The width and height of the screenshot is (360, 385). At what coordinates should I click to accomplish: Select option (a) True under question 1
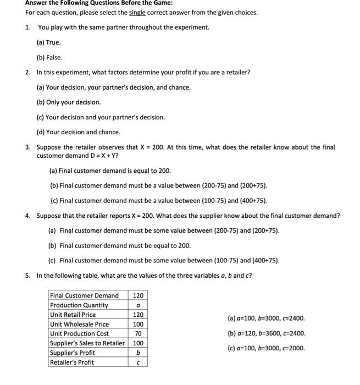pyautogui.click(x=48, y=42)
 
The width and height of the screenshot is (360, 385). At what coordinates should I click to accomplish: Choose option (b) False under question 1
pyautogui.click(x=49, y=57)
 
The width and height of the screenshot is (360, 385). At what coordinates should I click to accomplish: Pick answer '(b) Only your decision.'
pyautogui.click(x=69, y=102)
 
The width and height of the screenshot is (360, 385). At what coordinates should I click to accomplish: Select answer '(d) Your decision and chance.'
pyautogui.click(x=78, y=132)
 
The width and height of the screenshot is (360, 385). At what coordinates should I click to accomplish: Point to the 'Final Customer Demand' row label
pyautogui.click(x=84, y=295)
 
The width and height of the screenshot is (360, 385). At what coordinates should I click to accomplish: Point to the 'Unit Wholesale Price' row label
pyautogui.click(x=79, y=324)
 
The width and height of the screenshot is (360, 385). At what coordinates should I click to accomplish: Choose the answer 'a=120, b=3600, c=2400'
pyautogui.click(x=266, y=333)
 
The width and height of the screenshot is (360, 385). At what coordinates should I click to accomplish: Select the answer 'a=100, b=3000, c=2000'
pyautogui.click(x=266, y=348)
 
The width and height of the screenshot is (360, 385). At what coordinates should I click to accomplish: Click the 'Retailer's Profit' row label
pyautogui.click(x=72, y=362)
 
